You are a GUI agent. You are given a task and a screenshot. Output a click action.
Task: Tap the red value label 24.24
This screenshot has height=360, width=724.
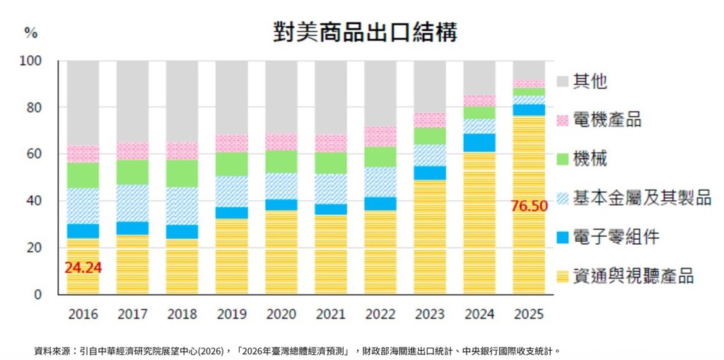pos(83,269)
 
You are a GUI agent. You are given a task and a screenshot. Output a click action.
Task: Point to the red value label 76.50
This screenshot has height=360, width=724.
pos(530,206)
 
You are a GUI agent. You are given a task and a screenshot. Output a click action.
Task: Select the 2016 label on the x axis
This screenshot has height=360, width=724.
pos(83,313)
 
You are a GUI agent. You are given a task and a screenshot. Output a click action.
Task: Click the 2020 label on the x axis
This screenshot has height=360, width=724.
pos(281,313)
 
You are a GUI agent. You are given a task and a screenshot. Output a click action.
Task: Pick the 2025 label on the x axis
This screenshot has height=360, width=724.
pos(530,313)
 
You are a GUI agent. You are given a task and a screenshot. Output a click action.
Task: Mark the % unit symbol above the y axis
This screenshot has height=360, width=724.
pos(30,33)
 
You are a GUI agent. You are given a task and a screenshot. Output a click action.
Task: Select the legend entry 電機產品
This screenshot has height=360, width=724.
pos(607,120)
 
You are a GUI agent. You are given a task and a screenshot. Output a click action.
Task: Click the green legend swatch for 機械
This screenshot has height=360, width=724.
pos(564,159)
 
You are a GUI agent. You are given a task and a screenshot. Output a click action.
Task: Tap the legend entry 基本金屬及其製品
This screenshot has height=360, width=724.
pos(642,198)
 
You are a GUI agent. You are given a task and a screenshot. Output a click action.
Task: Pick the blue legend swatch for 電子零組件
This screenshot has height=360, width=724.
pos(564,237)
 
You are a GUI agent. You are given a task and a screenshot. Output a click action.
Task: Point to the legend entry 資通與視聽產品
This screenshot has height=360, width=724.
pos(633,276)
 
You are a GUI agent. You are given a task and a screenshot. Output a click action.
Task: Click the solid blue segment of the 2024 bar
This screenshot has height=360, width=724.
pos(479,142)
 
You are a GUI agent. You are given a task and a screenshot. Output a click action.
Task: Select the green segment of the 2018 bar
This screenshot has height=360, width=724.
pos(182,173)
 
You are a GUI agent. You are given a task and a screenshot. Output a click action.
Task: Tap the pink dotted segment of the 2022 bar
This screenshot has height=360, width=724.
pos(380,137)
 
